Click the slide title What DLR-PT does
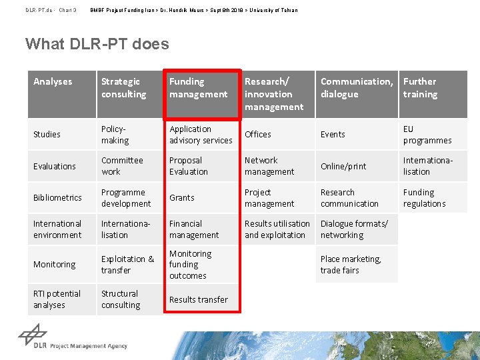click(97, 44)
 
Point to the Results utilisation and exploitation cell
click(277, 229)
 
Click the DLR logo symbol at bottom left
click(32, 335)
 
